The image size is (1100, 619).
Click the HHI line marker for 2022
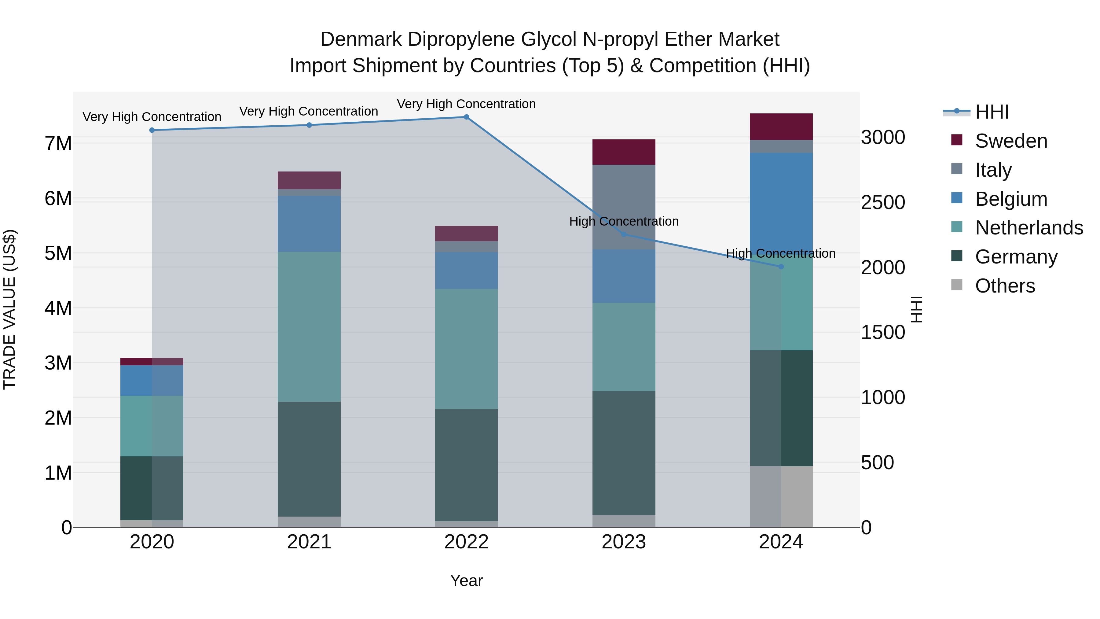tap(466, 117)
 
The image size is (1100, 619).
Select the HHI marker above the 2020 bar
tap(152, 130)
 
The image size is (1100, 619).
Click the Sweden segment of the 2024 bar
tap(781, 127)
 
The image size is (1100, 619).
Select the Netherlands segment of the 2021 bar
tap(309, 326)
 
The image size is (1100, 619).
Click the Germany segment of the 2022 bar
tap(466, 465)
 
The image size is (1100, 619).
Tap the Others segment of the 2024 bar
tap(781, 496)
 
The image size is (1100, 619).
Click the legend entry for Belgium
tap(1011, 199)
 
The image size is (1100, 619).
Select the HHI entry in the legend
tap(992, 112)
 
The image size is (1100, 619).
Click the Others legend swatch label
tap(1005, 286)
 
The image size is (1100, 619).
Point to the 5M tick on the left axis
tap(58, 253)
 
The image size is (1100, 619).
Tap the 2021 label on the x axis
tap(309, 542)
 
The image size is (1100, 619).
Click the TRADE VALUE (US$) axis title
tap(10, 309)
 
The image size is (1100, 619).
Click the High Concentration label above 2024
tap(781, 253)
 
